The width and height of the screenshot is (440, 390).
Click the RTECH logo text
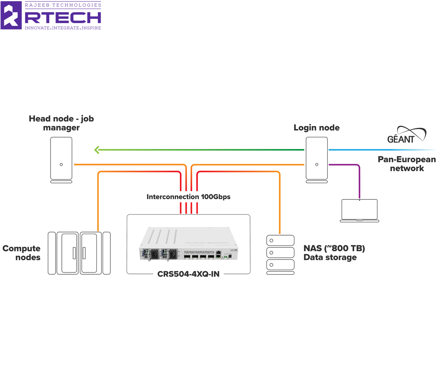[63, 17]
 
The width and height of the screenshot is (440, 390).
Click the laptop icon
[359, 210]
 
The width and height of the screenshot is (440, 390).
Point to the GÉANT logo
[406, 135]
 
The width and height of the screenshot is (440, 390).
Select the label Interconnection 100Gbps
[188, 197]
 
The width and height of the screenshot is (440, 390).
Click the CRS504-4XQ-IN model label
[188, 274]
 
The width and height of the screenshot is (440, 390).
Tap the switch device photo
[188, 243]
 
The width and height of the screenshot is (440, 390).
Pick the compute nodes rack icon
[79, 253]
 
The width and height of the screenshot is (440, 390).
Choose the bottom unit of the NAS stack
[280, 265]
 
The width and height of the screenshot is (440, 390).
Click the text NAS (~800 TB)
[334, 249]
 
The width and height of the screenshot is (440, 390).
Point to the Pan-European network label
[407, 164]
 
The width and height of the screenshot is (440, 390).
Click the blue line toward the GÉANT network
[376, 150]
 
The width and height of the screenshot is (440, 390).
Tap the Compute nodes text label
[22, 253]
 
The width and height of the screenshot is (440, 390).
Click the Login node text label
[317, 128]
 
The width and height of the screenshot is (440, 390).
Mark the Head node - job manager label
[61, 123]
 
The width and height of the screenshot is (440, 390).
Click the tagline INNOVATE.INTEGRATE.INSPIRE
[63, 28]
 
